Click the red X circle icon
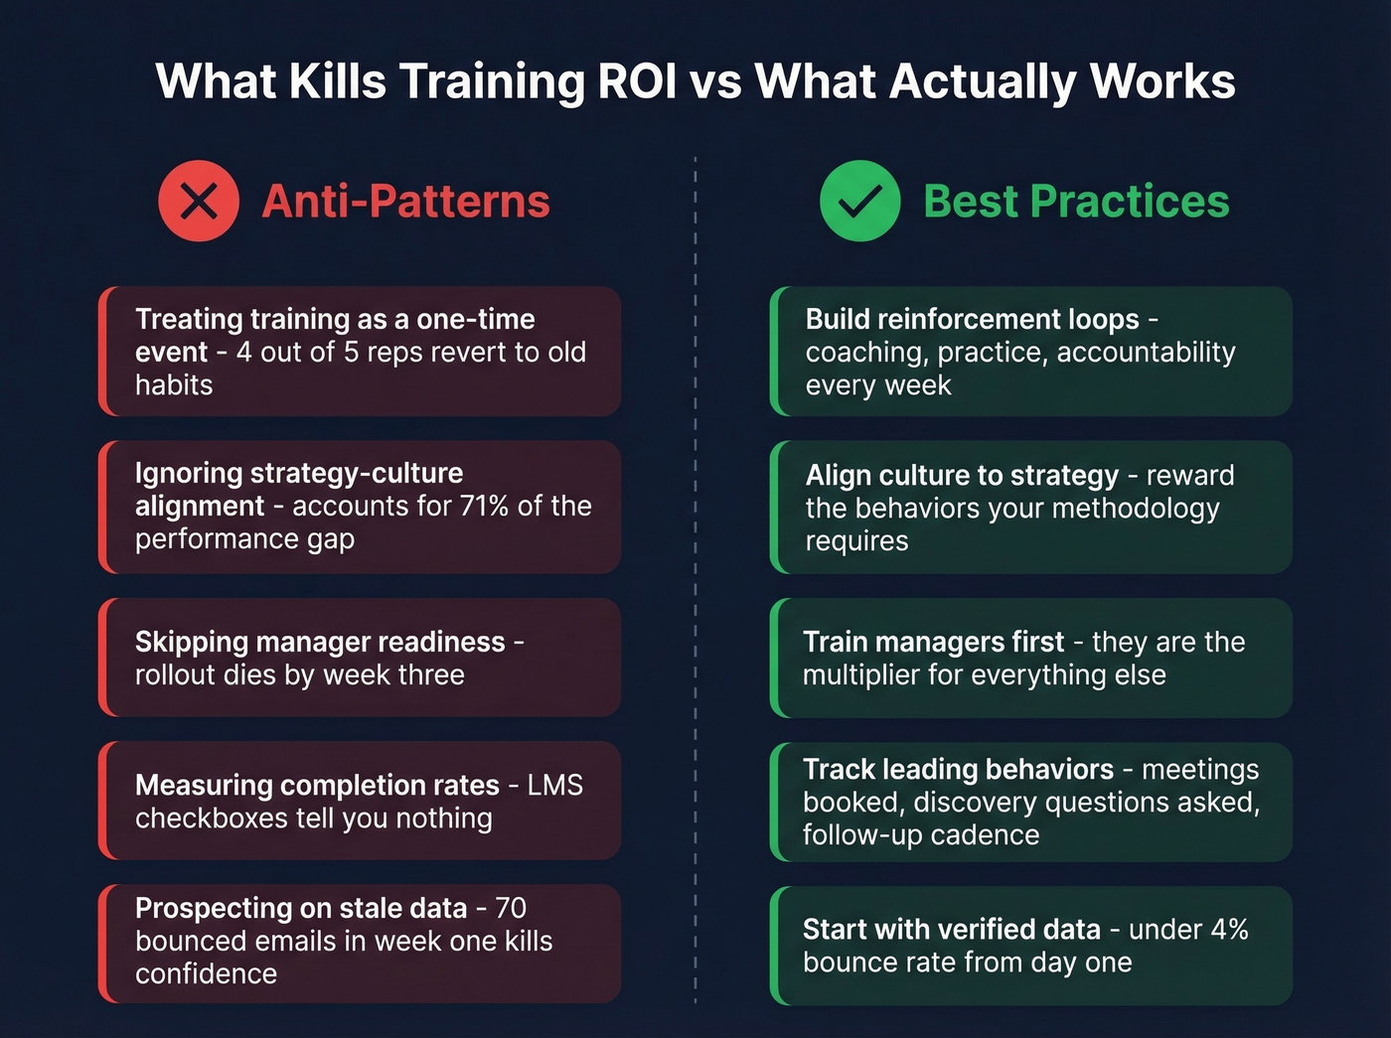199,202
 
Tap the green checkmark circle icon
859,202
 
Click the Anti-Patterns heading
405,202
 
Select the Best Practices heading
1076,202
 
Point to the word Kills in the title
337,81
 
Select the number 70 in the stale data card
511,908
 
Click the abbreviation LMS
555,785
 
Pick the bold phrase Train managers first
933,642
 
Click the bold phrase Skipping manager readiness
320,642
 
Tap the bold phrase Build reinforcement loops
972,319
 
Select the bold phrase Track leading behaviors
958,769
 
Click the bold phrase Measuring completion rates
317,785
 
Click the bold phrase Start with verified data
951,929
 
